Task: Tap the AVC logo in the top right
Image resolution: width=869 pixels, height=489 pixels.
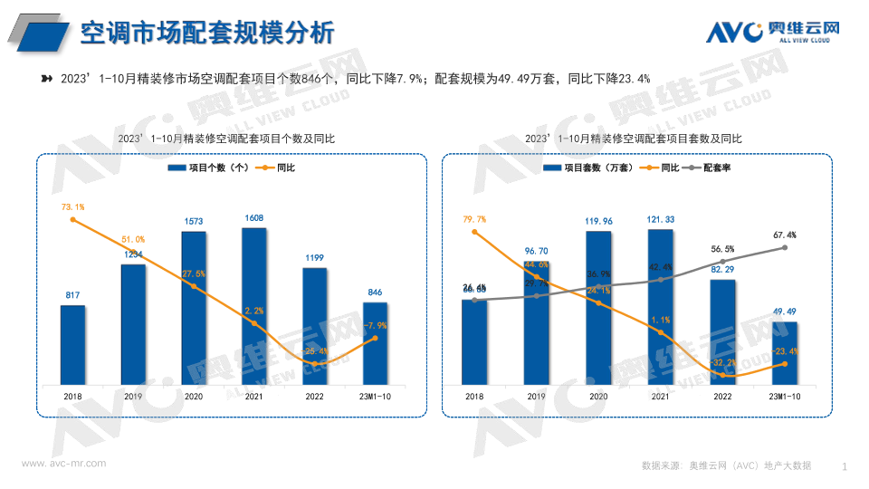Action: (772, 31)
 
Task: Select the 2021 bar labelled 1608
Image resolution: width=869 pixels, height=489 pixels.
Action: (254, 305)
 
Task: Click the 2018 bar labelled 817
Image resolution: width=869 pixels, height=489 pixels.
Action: (72, 344)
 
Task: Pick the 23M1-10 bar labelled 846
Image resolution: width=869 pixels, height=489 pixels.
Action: (376, 342)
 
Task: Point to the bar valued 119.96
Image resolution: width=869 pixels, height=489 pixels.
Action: (597, 307)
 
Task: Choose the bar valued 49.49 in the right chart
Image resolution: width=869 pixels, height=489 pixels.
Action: (784, 352)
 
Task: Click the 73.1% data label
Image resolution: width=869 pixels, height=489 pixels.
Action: (72, 206)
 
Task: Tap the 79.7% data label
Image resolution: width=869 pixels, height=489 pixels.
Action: (474, 218)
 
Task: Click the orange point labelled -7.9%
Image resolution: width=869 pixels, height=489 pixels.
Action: (376, 339)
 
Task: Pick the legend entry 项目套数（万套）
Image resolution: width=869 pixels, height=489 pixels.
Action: (593, 168)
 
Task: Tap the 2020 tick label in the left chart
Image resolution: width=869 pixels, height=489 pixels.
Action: (194, 397)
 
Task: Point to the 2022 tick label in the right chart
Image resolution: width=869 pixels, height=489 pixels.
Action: (721, 397)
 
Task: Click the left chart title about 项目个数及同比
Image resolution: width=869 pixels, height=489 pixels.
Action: (226, 139)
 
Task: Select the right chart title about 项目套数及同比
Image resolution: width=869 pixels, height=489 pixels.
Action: (633, 139)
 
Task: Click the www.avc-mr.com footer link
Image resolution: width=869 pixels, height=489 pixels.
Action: (63, 463)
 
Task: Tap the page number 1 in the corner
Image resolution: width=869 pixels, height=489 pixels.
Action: (844, 466)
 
